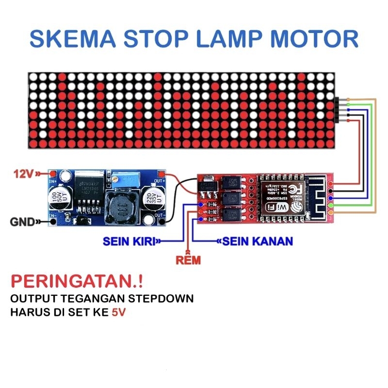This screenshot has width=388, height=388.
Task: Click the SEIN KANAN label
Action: point(258,241)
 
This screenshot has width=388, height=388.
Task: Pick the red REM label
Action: point(189,260)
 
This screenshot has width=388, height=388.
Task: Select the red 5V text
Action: point(118,313)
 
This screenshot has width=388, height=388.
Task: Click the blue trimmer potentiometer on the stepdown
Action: point(127,182)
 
